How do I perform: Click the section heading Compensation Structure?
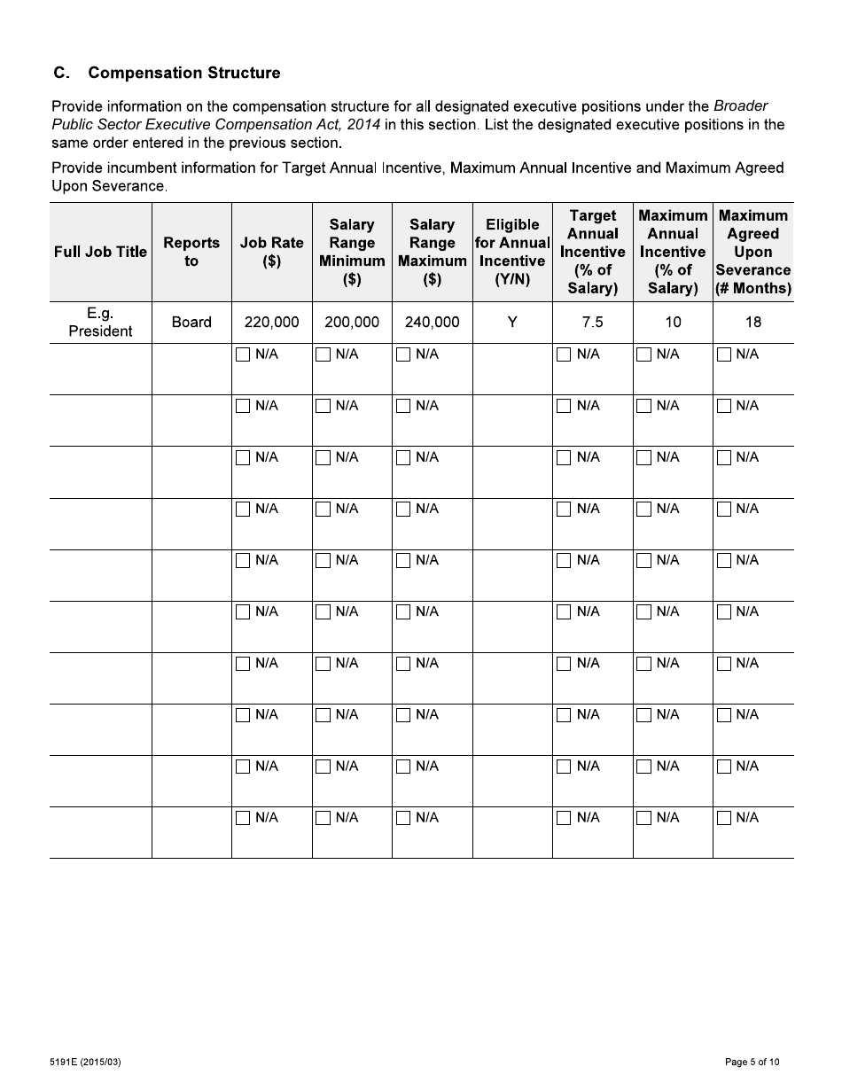183,73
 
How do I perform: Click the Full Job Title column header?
100,252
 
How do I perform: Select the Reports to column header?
191,252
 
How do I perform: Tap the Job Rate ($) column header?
271,252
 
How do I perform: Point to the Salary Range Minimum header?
352,252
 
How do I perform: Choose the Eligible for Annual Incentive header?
512,252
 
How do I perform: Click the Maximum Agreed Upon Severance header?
752,252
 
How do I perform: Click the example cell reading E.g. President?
100,323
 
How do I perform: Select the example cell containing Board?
191,323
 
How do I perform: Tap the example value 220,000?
271,323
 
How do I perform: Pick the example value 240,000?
432,323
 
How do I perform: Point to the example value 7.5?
592,323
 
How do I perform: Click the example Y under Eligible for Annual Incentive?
512,323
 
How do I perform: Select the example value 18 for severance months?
752,323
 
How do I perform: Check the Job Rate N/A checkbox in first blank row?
243,354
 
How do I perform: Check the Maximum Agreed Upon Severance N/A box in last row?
724,818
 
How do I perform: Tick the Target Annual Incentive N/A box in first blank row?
564,354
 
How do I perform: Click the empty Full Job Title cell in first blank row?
100,369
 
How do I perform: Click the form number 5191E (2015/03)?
86,1062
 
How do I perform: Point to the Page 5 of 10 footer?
752,1062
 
